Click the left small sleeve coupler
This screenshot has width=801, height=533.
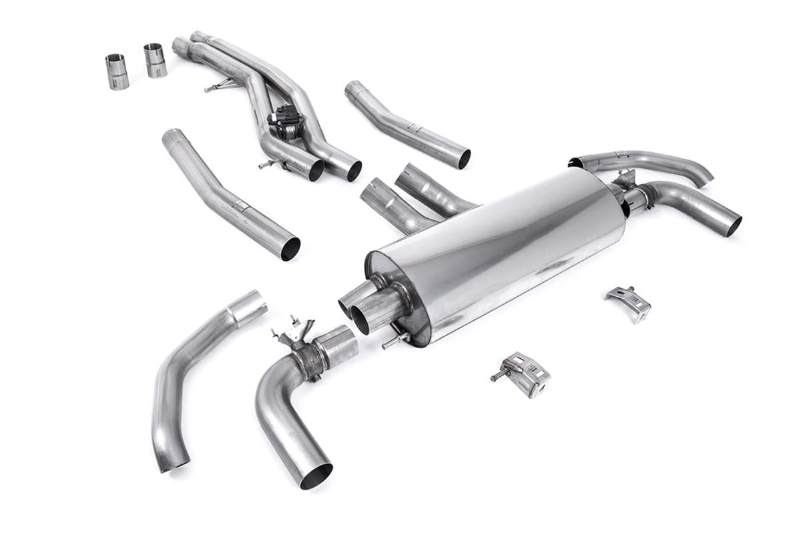(x=117, y=71)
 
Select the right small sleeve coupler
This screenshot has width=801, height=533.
(x=155, y=60)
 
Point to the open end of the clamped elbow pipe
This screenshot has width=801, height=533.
(x=315, y=475)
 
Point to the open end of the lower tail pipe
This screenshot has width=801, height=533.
(x=734, y=225)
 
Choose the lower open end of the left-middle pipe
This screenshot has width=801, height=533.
(x=290, y=249)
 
